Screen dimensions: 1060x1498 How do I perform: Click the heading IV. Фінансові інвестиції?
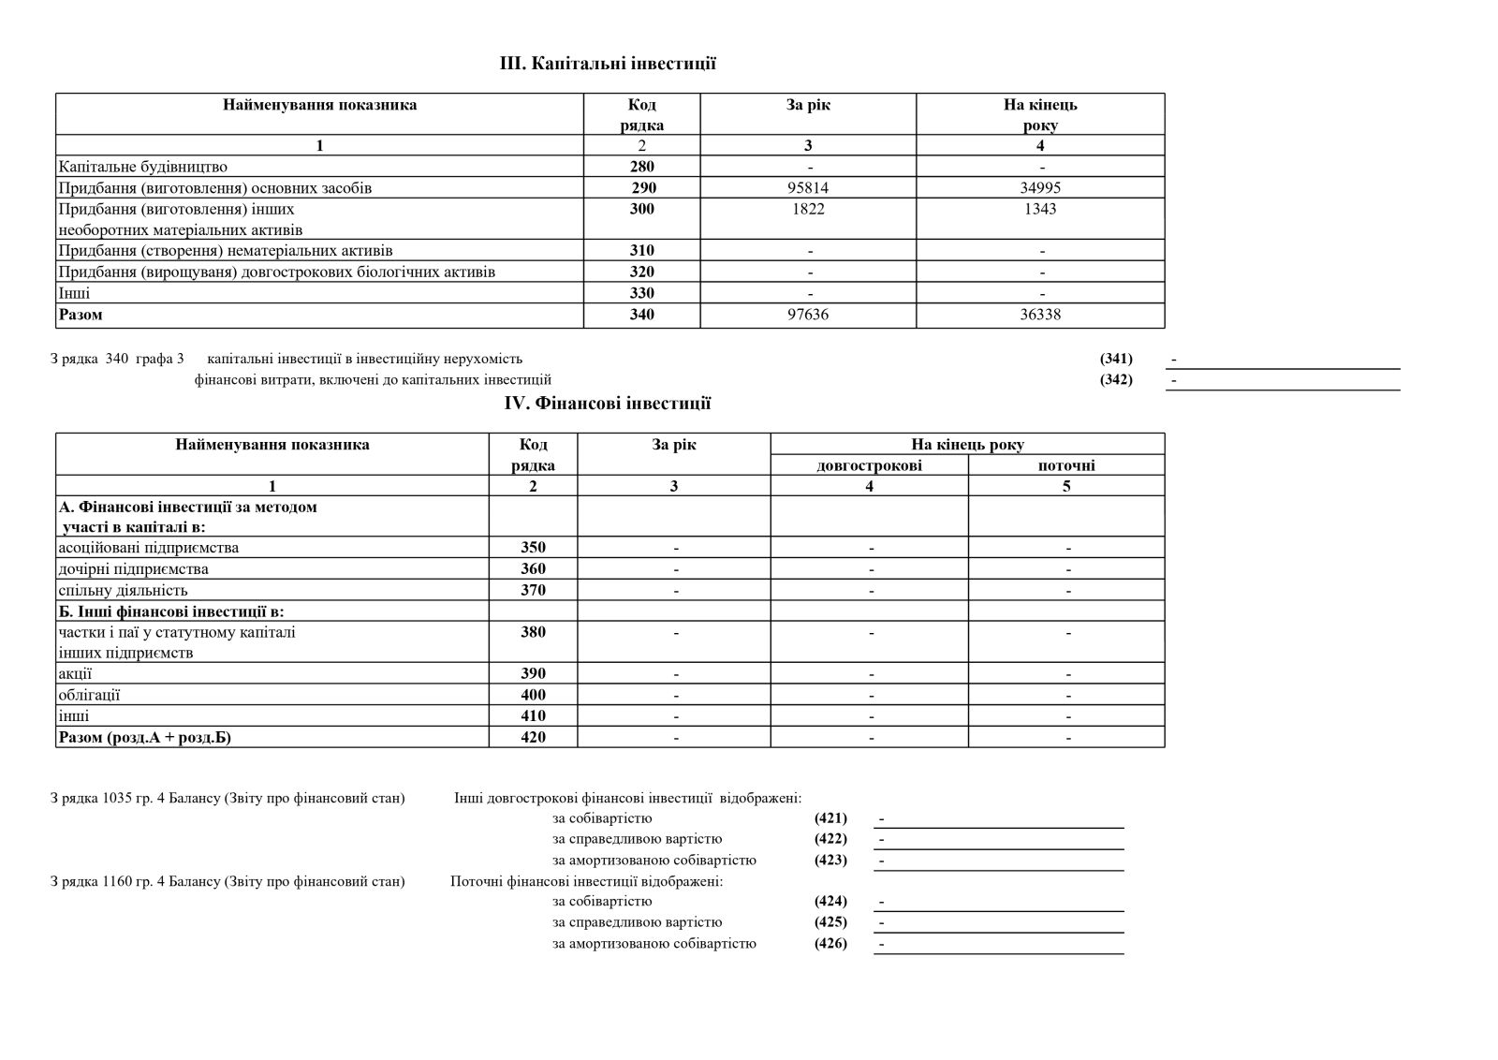pyautogui.click(x=608, y=404)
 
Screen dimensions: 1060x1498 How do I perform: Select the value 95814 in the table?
pyautogui.click(x=808, y=188)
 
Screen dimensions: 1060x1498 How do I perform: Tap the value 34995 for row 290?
pyautogui.click(x=1040, y=188)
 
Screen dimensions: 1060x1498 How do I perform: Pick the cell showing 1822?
pyautogui.click(x=808, y=209)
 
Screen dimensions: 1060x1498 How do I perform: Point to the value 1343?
pyautogui.click(x=1040, y=209)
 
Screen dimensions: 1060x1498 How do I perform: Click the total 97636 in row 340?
pyautogui.click(x=808, y=315)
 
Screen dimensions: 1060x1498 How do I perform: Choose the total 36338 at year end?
pyautogui.click(x=1040, y=315)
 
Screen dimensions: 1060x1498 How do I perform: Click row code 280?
pyautogui.click(x=642, y=167)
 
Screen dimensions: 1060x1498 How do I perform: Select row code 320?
pyautogui.click(x=642, y=272)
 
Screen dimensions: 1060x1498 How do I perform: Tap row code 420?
pyautogui.click(x=533, y=737)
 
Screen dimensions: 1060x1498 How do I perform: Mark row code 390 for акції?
pyautogui.click(x=533, y=673)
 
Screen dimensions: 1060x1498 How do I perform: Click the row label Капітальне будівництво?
pyautogui.click(x=142, y=167)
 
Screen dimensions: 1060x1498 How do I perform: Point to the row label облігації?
pyautogui.click(x=89, y=695)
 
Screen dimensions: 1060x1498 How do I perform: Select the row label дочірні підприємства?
pyautogui.click(x=133, y=569)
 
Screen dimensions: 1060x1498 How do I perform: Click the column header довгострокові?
pyautogui.click(x=869, y=465)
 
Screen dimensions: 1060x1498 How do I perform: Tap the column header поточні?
pyautogui.click(x=1066, y=465)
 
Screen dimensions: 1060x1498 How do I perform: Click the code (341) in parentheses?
pyautogui.click(x=1116, y=359)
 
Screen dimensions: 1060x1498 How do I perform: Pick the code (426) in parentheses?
pyautogui.click(x=830, y=943)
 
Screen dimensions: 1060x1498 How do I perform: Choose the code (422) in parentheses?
pyautogui.click(x=830, y=839)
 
